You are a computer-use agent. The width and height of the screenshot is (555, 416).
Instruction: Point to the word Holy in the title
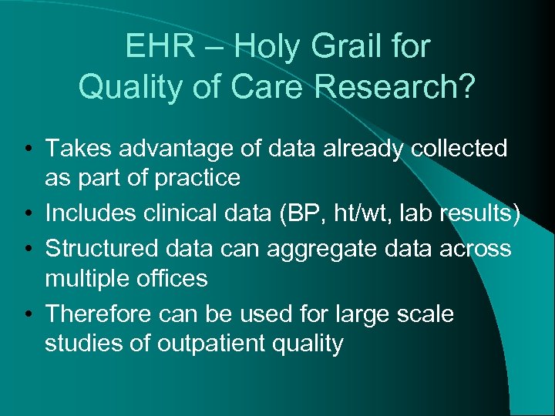[x=267, y=47]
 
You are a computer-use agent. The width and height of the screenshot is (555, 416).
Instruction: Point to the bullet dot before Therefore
[x=26, y=315]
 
